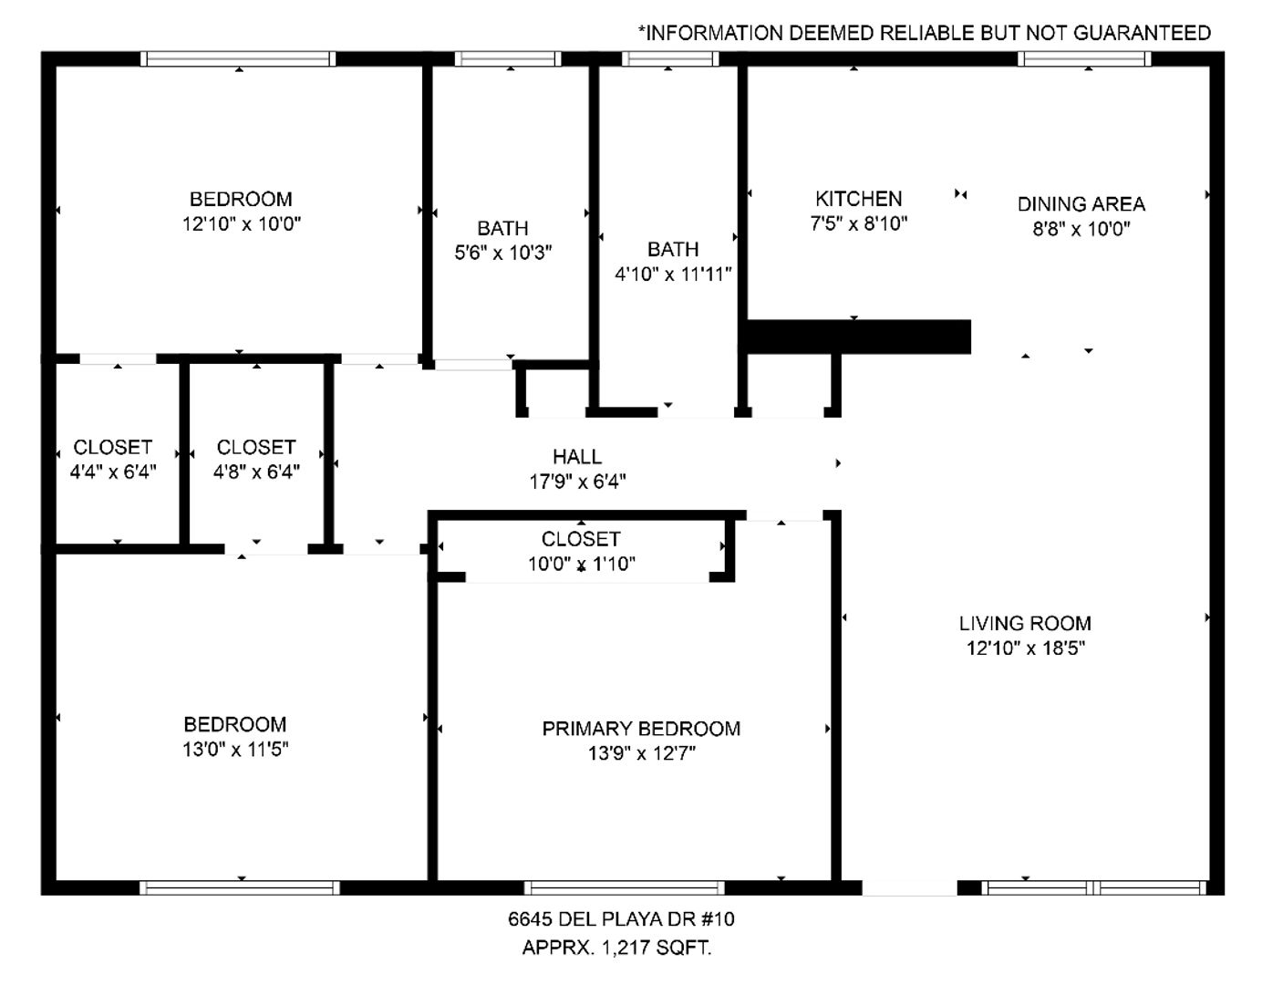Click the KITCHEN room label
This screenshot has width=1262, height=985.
click(858, 199)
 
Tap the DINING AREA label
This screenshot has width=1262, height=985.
click(1081, 204)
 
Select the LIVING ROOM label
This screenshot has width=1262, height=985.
click(1025, 624)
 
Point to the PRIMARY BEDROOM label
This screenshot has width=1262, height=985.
click(641, 729)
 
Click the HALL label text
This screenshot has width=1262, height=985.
click(577, 457)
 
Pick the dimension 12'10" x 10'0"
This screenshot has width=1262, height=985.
click(242, 224)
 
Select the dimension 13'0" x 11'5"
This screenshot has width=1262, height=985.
click(235, 750)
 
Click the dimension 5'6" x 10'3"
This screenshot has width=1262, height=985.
click(503, 253)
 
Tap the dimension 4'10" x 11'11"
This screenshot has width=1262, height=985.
click(673, 275)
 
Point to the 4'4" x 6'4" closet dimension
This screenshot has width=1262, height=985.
click(113, 472)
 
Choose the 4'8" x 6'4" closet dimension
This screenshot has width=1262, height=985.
click(256, 472)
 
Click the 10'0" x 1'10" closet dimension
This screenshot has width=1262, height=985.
click(582, 564)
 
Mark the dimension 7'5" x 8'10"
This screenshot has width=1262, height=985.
click(859, 223)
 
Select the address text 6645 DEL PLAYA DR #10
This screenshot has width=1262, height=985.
click(621, 919)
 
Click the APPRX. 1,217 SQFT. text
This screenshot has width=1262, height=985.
click(616, 948)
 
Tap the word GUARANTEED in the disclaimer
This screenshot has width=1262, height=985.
click(1142, 33)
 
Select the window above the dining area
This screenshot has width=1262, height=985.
click(1083, 58)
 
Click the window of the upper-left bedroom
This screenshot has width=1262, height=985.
click(238, 58)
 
